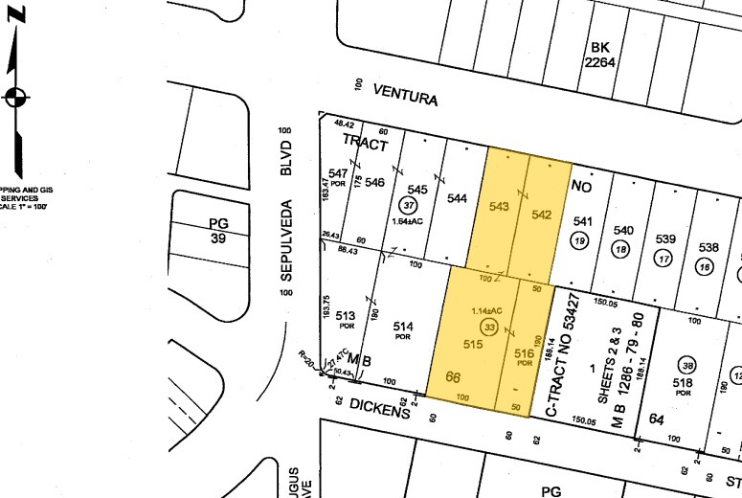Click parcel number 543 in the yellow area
pos(499,207)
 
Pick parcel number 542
pos(543,215)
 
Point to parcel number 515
pos(472,343)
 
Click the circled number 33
pos(491,328)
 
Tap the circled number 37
pos(410,206)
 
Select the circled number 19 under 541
pos(578,242)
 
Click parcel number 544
pos(458,199)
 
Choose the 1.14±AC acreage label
pos(487,312)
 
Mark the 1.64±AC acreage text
pos(410,221)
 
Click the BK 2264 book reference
pos(599,55)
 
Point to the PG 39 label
pos(218,231)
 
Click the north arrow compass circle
pos(16,97)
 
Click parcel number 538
pos(708,246)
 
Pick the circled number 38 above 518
pos(686,365)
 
